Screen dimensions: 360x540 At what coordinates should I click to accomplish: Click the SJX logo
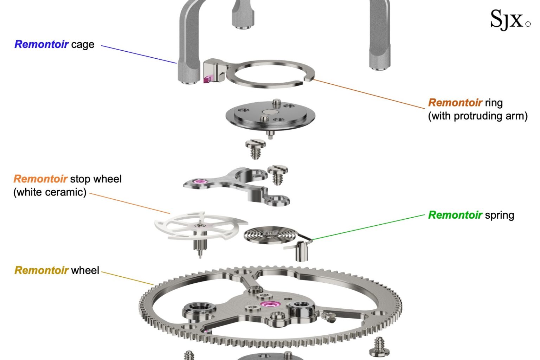coord(510,19)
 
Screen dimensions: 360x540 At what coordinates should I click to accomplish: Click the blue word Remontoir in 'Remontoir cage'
coord(41,44)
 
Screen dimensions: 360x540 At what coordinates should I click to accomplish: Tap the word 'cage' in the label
coord(83,45)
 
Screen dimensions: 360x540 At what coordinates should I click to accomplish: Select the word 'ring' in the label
coord(494,103)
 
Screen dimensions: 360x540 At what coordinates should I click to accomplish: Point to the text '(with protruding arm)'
coord(477,116)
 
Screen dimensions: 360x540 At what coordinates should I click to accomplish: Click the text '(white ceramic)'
coord(50,192)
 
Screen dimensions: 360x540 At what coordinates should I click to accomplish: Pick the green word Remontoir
coord(455,215)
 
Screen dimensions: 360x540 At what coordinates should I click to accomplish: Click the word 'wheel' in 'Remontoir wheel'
coord(85,270)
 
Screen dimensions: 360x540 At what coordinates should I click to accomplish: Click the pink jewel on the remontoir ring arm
coord(207,79)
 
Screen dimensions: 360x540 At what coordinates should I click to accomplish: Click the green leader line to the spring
coord(369,227)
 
